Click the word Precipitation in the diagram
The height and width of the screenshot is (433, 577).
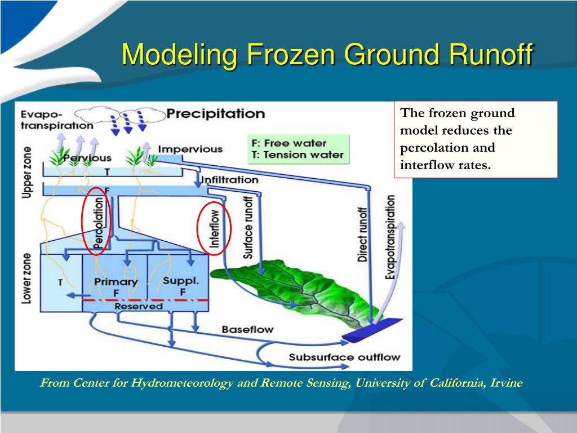[216, 113]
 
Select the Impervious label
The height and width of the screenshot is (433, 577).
[190, 149]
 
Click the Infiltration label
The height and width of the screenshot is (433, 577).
[230, 180]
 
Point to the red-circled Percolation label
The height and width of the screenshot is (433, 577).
[98, 223]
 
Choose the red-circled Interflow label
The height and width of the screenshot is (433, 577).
[214, 228]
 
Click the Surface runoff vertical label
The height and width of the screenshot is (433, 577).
[248, 228]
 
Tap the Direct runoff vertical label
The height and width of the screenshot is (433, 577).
[362, 235]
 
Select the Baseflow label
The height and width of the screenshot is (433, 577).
[248, 329]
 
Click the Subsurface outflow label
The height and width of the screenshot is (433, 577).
[344, 357]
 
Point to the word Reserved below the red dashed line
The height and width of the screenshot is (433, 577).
[139, 306]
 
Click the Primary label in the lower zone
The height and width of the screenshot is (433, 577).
[116, 282]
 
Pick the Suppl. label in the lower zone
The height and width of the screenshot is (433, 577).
[181, 281]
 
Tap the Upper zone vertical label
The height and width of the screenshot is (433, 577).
[27, 173]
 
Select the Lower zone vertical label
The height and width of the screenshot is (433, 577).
[26, 279]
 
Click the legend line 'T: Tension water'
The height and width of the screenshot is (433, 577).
[298, 155]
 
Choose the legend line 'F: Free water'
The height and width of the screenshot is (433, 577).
[289, 143]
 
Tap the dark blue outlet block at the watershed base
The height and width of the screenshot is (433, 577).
[372, 329]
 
